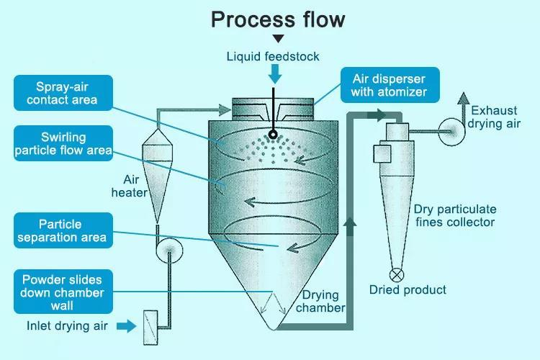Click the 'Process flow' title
click(x=278, y=19)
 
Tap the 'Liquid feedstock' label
click(x=273, y=56)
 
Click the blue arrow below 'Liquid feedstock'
click(x=275, y=74)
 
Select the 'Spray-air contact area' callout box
click(x=63, y=93)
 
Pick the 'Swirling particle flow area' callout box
click(x=63, y=143)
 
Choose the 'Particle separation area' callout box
click(x=63, y=230)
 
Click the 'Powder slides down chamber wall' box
click(x=63, y=292)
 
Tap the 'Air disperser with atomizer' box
click(x=390, y=85)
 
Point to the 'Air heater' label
click(x=130, y=186)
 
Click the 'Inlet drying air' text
click(x=67, y=326)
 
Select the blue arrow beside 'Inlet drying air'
click(x=127, y=326)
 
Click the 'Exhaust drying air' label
click(x=494, y=117)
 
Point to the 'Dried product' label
click(x=408, y=289)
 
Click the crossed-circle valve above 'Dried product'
click(x=397, y=275)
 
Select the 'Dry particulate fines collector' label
click(x=455, y=216)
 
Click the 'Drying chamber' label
click(x=320, y=302)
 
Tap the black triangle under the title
click(x=278, y=38)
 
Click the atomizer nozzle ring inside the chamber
click(x=273, y=135)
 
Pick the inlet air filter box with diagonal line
click(x=150, y=328)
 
